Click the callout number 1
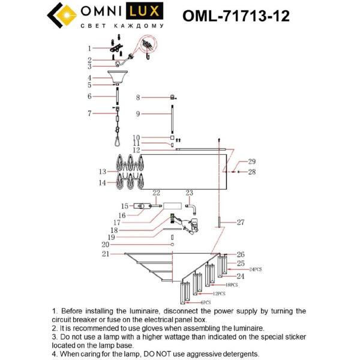tap(89, 48)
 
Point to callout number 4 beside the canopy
tap(89, 78)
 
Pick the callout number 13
tap(103, 172)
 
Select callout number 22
tap(157, 193)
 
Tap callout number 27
tap(240, 223)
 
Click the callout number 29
tap(252, 161)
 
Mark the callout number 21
tap(106, 254)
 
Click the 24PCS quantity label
tap(256, 270)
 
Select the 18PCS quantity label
tap(232, 285)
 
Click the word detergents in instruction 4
tap(239, 354)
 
